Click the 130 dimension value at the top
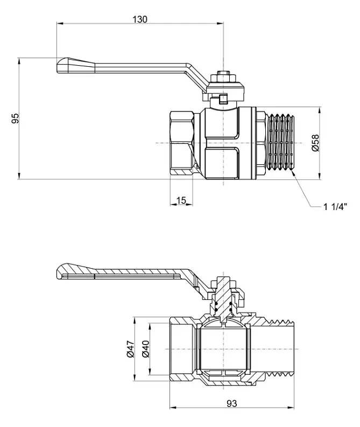tap(140, 19)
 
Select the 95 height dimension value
tap(15, 118)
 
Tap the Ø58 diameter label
tap(315, 143)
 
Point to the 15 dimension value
tap(181, 200)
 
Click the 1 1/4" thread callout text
tap(335, 207)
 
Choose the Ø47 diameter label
tap(130, 349)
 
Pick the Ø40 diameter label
tap(145, 349)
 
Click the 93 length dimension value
tap(232, 403)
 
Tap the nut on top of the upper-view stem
tap(223, 77)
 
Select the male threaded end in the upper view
tap(281, 143)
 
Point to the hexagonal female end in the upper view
tap(182, 143)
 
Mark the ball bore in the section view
tap(224, 349)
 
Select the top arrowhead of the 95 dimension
tap(19, 61)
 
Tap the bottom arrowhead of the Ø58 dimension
tap(320, 176)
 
